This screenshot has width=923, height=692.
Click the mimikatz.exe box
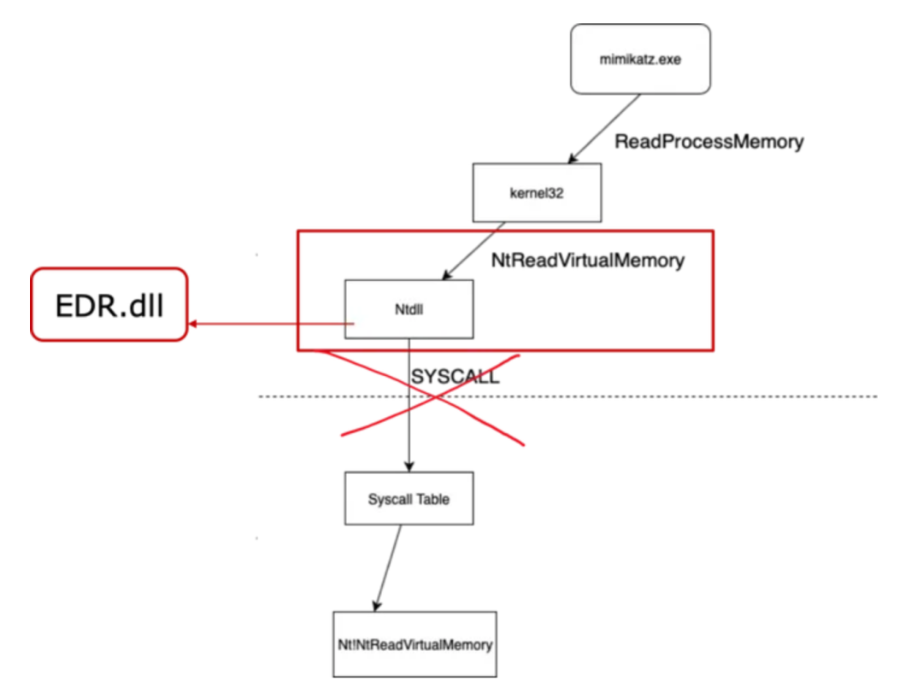click(640, 59)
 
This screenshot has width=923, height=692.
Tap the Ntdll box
click(409, 309)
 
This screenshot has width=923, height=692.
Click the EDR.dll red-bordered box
click(109, 305)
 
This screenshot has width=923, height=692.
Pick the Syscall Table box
click(409, 499)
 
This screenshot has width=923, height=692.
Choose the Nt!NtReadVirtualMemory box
click(414, 644)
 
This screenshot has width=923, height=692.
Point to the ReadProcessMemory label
click(709, 142)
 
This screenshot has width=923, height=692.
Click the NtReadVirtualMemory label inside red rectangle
click(588, 261)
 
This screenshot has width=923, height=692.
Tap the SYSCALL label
click(455, 377)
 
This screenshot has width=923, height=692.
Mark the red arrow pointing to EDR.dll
click(273, 324)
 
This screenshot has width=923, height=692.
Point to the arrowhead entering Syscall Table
click(409, 466)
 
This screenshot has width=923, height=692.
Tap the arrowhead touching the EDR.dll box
click(194, 324)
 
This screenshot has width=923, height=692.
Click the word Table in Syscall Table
click(432, 499)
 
